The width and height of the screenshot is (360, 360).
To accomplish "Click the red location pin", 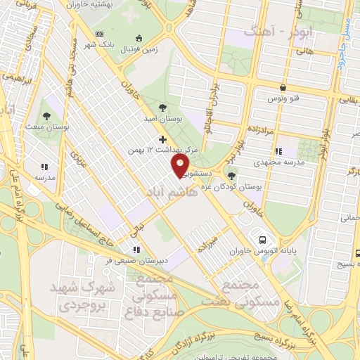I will coord(181,165).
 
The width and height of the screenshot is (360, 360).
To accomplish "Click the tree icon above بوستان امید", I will coord(163,108).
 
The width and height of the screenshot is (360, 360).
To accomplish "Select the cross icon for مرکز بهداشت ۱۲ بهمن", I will coord(163,139).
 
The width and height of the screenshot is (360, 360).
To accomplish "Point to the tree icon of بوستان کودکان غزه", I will coord(231,176).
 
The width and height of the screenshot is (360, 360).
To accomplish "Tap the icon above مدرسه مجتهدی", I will coord(279,150).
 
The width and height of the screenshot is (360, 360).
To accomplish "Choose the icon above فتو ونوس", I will coord(283,88).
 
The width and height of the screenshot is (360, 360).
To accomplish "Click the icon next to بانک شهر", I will coord(98,34).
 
